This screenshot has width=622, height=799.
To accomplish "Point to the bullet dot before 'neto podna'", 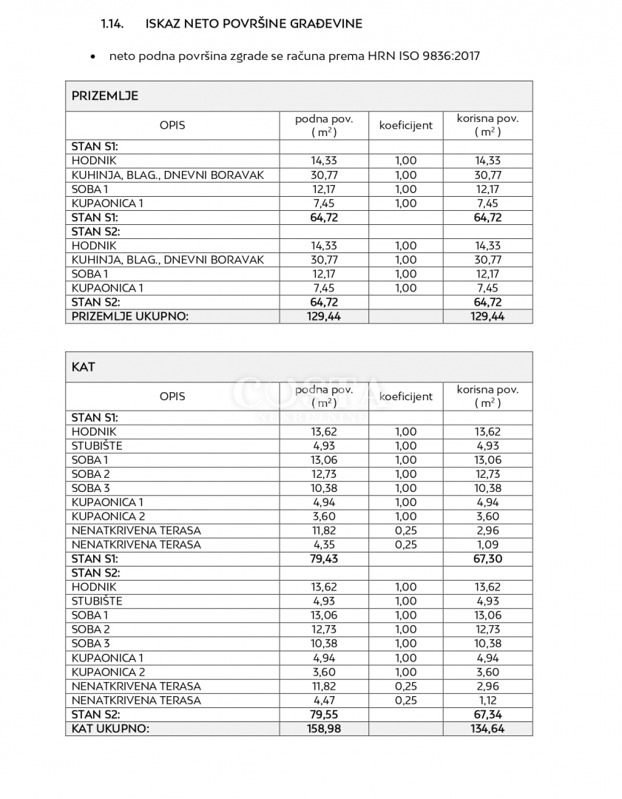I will (92, 56).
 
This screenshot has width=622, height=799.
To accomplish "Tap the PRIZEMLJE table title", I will (104, 96).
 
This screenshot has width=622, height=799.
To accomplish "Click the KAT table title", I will (84, 367).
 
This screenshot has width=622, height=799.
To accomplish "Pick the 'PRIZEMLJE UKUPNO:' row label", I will (129, 316).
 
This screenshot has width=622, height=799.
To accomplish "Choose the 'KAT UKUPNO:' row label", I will (110, 729).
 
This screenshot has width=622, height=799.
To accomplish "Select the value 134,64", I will (487, 729).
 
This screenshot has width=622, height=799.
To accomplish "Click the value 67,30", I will (487, 559).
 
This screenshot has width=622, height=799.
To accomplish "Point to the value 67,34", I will (487, 715).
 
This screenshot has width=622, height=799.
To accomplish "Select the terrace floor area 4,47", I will (323, 700).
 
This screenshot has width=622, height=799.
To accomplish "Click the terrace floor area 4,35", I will (323, 545).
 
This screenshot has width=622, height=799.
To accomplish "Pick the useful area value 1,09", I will (487, 545).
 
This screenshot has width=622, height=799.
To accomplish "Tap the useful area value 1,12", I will (487, 700).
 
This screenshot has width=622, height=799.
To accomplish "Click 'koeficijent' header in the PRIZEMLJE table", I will (405, 125).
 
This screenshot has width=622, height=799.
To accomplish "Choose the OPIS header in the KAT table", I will (172, 396).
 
